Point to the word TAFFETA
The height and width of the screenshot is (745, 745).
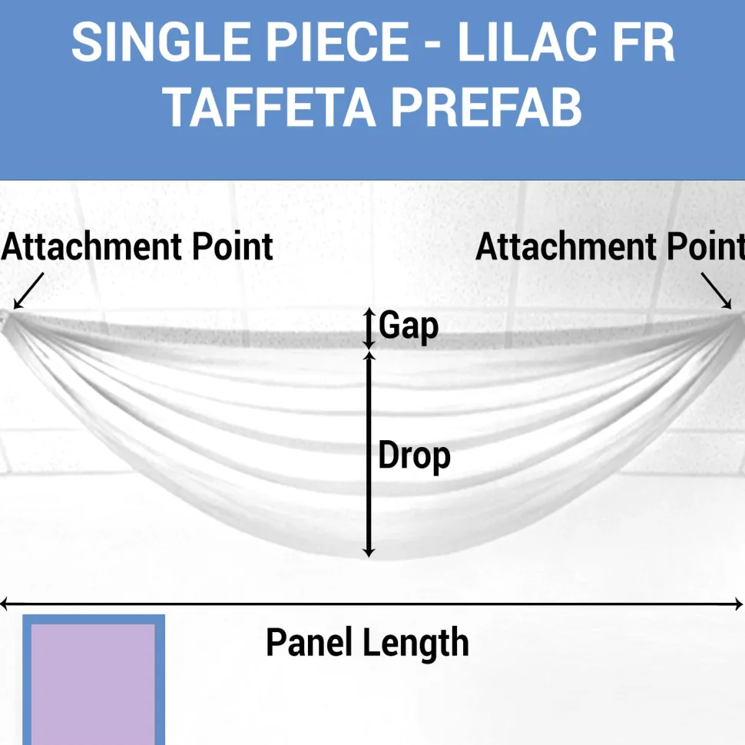pos(269,107)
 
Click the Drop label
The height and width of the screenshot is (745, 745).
pos(414,456)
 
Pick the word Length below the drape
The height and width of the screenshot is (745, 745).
pos(416,644)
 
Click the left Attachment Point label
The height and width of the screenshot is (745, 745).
pos(137,247)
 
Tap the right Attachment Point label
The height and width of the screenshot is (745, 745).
pos(610,247)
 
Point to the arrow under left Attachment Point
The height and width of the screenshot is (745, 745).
pos(28,291)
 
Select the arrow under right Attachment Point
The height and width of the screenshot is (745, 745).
pos(717,291)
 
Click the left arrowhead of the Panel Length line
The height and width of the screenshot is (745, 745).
pos(5,604)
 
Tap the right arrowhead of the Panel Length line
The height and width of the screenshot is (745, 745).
pos(740,604)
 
